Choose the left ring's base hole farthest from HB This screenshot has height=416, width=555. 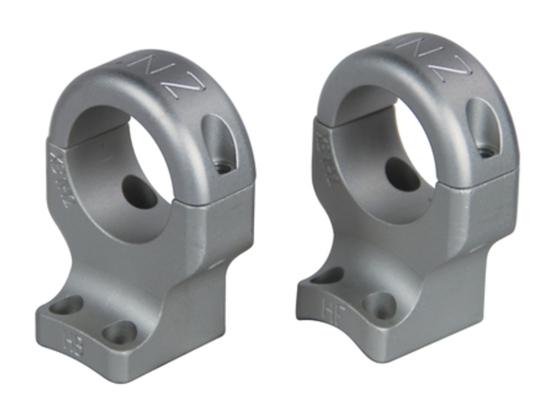click(67, 305)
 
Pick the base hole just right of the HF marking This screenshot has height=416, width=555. click(380, 305)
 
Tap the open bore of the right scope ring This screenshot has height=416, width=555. click(385, 156)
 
